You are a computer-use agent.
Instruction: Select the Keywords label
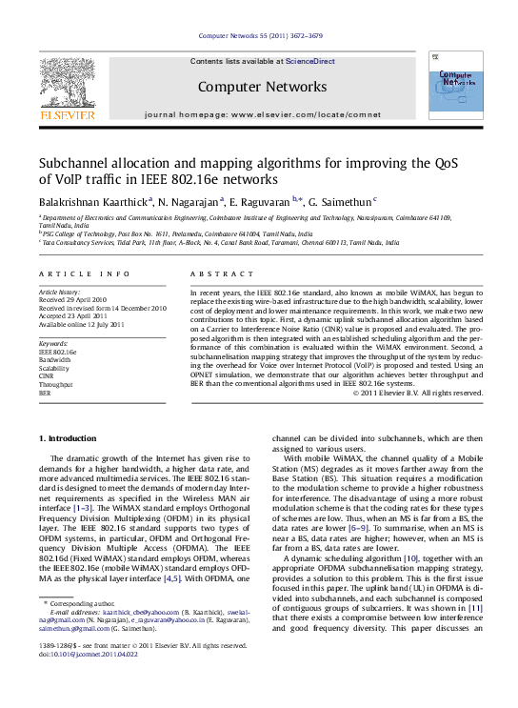[52, 341]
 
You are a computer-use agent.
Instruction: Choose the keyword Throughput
[56, 380]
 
